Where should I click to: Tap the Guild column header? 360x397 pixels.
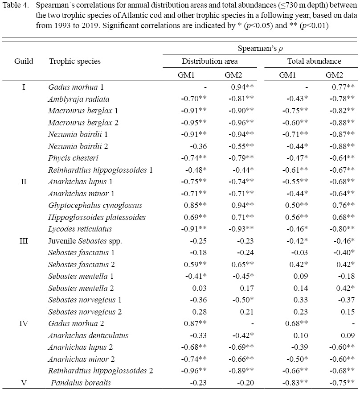24,62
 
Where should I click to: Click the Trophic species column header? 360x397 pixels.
75,62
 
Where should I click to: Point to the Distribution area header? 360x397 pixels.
209,61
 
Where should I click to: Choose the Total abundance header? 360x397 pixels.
308,61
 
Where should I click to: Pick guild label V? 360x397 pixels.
24,382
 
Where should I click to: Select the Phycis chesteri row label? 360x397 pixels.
67,158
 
